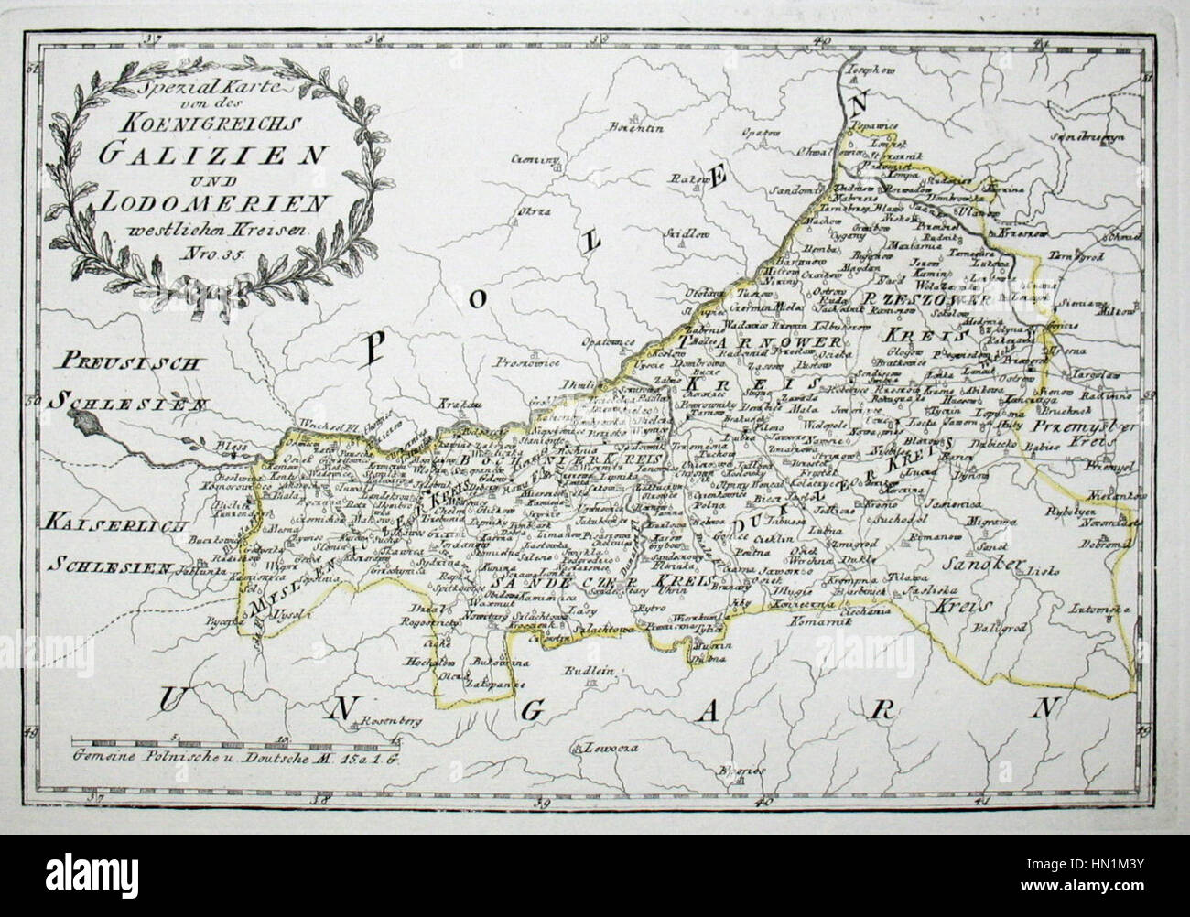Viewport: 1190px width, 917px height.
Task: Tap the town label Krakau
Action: [447, 403]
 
